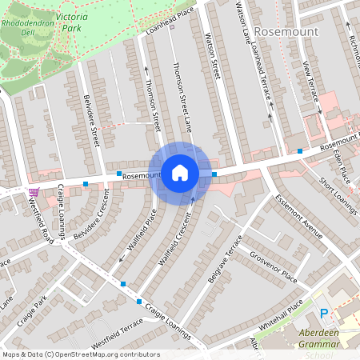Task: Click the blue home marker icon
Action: pyautogui.click(x=180, y=172)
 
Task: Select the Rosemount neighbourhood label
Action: pyautogui.click(x=286, y=31)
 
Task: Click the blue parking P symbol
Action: pyautogui.click(x=324, y=314)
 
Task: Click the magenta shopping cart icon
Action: pyautogui.click(x=33, y=192)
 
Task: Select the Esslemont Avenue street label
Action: pyautogui.click(x=297, y=216)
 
